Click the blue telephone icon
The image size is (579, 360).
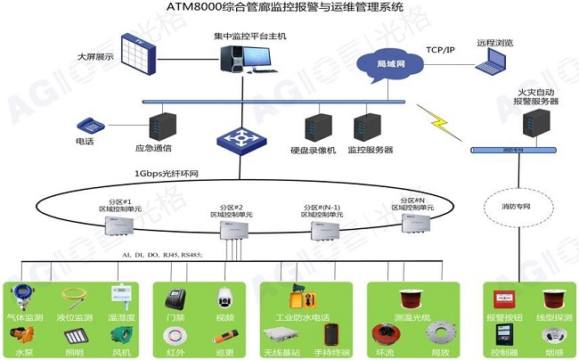(x=90, y=126)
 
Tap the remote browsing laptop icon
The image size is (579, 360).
(x=492, y=61)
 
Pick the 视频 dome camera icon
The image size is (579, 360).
(x=224, y=299)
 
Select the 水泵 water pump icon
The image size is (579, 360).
(x=23, y=337)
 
